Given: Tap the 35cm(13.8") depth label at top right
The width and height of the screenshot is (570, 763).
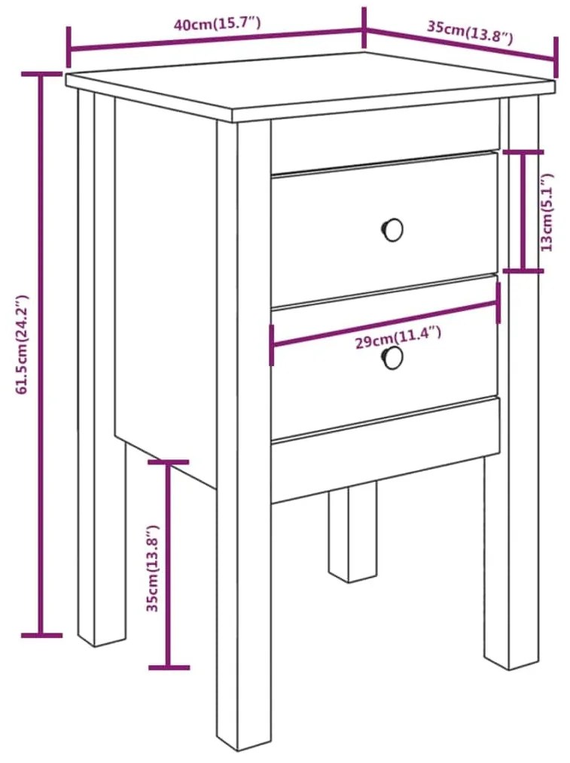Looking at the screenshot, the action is click(x=470, y=32).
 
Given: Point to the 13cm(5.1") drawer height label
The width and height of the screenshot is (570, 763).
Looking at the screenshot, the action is click(x=547, y=212).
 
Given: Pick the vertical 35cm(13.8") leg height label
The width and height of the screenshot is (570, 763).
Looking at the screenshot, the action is click(x=153, y=568).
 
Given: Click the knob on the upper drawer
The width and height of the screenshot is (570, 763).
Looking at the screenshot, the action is click(x=392, y=229).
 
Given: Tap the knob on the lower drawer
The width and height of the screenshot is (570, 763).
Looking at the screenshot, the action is click(x=392, y=358).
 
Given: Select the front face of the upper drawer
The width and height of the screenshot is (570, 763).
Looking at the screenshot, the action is click(x=384, y=229).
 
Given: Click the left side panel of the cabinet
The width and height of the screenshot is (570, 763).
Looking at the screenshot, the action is click(x=166, y=292).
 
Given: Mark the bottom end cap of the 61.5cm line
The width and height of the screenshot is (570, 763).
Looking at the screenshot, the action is click(x=42, y=635).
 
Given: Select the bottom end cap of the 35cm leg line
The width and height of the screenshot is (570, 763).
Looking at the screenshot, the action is click(x=169, y=667).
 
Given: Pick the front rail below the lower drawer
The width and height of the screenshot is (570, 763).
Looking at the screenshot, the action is click(x=386, y=450).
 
